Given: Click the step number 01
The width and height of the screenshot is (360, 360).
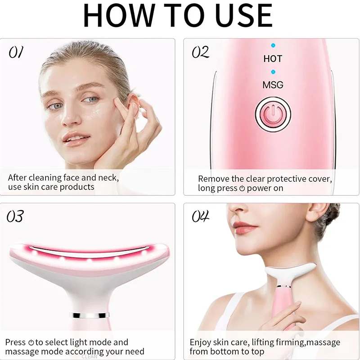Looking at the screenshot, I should click(x=15, y=53).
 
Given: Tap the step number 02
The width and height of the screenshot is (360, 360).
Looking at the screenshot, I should click(x=201, y=53).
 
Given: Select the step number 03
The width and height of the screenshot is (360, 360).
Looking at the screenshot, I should click(x=15, y=217).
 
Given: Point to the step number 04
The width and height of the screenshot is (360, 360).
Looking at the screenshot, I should click(x=201, y=217).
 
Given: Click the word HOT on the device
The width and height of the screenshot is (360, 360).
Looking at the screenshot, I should click(x=273, y=59).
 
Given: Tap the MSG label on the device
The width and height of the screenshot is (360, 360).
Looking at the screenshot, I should click(x=273, y=85).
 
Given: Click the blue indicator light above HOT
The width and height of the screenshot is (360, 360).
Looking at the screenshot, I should click(x=273, y=46).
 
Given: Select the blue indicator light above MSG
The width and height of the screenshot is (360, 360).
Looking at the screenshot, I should click(x=273, y=72).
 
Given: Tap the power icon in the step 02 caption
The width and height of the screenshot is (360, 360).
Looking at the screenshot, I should click(x=242, y=189).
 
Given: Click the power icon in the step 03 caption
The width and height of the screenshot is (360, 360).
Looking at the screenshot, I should click(x=31, y=343).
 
